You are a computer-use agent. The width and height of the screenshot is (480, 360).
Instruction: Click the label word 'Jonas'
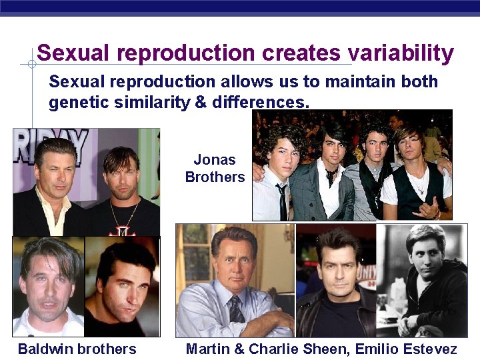point(215,160)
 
